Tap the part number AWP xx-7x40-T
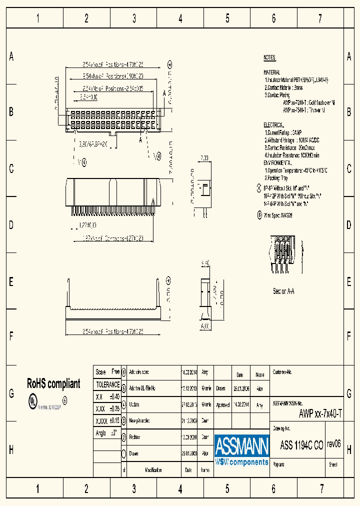coord(320,413)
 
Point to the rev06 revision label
coord(333,443)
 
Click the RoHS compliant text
coord(53,384)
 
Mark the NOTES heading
coord(269,58)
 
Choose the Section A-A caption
coord(283,291)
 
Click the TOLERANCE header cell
coord(107,385)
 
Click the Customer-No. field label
coord(282,372)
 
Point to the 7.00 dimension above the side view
coord(204,158)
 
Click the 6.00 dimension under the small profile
coord(205,326)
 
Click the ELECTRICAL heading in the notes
coord(273,124)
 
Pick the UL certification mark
coord(32,401)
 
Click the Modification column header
coord(153,470)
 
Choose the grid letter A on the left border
coord(11,57)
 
